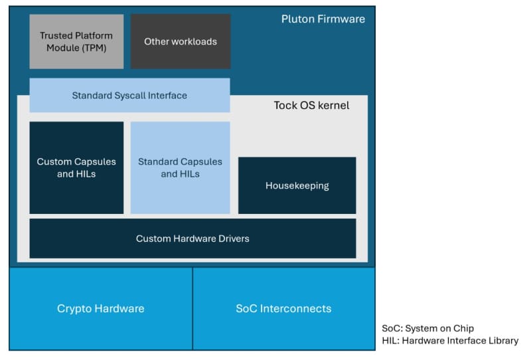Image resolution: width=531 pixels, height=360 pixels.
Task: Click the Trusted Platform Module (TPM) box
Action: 76,41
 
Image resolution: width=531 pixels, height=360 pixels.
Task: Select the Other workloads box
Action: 181,41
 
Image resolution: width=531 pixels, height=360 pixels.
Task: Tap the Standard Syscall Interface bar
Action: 129,95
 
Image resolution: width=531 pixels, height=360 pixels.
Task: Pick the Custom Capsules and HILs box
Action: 76,167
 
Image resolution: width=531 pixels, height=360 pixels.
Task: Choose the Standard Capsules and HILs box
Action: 180,167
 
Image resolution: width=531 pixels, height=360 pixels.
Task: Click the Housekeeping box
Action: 297,185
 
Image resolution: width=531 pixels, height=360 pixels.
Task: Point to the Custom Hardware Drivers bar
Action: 192,238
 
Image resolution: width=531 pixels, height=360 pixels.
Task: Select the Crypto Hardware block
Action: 100,308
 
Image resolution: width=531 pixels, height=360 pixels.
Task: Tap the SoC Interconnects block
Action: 283,308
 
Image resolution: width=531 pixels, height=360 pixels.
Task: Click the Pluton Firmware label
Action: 323,19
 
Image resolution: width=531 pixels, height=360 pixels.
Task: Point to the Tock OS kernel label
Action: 311,105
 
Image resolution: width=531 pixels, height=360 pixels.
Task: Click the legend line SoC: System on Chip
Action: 427,328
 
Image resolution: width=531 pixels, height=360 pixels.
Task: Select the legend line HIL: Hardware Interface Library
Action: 449,340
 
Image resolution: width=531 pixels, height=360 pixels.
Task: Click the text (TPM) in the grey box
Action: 94,48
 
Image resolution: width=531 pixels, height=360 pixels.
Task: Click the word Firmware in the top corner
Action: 342,19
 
